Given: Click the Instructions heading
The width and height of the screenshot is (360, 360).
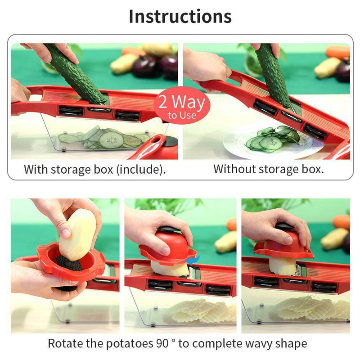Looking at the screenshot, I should [x=180, y=16].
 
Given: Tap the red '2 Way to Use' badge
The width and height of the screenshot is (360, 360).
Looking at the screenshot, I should [x=182, y=106].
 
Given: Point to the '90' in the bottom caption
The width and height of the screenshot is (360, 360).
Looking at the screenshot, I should [x=157, y=344].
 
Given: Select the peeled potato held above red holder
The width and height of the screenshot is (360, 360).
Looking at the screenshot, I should [x=77, y=234].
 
